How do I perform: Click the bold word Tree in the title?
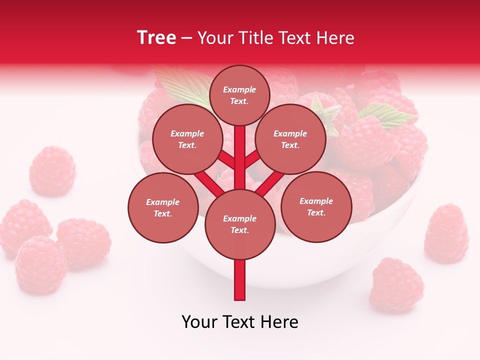coord(156,38)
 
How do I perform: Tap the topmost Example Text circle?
coord(239,95)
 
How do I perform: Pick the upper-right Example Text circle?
coord(290,139)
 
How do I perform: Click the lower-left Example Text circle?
coord(163,208)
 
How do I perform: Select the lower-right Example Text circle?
coord(316,207)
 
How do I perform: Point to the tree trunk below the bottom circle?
coord(240,280)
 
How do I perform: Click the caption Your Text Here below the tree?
coord(240,322)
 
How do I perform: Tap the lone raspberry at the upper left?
coord(52,171)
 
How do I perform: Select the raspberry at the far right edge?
coord(446,233)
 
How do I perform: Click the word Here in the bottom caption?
coord(279,322)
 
